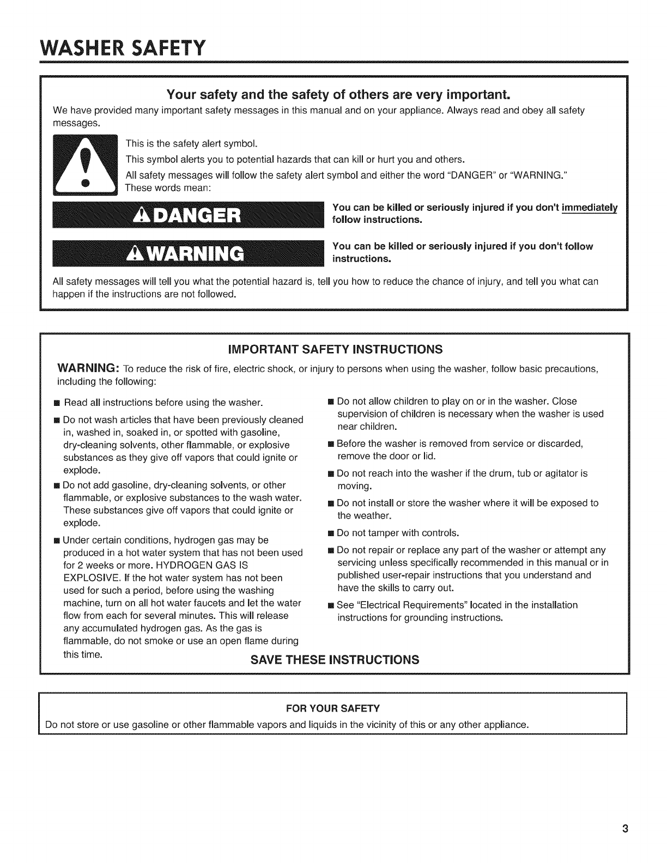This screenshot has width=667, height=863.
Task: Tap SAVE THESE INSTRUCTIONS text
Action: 335,660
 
